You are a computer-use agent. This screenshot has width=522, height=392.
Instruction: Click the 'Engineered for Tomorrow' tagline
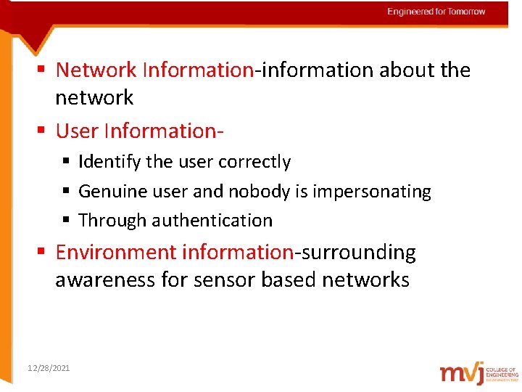pos(436,12)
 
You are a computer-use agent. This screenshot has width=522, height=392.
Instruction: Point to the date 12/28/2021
pos(49,369)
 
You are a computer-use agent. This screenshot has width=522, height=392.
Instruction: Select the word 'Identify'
pos(109,162)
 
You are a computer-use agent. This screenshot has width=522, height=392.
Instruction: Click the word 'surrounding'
pos(358,253)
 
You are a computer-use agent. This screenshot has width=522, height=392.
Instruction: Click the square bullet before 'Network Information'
pos(42,70)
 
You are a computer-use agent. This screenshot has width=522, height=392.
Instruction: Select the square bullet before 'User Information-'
pos(42,131)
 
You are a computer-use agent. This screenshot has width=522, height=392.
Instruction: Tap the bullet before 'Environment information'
pos(42,253)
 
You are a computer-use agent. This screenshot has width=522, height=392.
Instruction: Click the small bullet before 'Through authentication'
pos(66,220)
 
